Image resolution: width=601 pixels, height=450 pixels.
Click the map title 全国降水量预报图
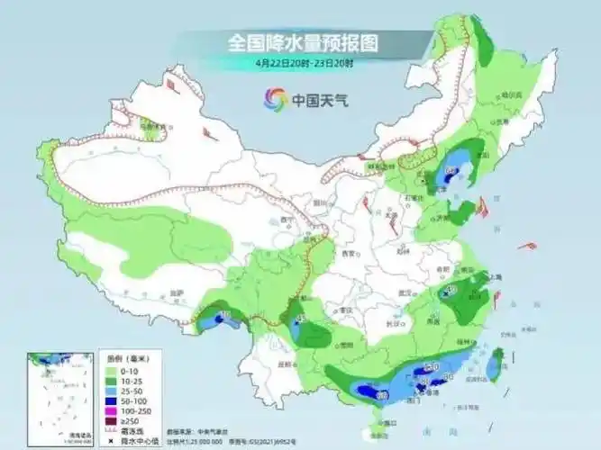pyautogui.click(x=302, y=42)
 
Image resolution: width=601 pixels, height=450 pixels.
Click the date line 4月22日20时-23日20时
pyautogui.click(x=304, y=63)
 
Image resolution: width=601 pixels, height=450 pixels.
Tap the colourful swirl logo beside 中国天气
pyautogui.click(x=275, y=100)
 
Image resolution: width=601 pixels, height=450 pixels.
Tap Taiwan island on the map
pyautogui.click(x=495, y=364)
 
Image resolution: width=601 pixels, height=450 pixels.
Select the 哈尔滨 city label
pyautogui.click(x=511, y=94)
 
